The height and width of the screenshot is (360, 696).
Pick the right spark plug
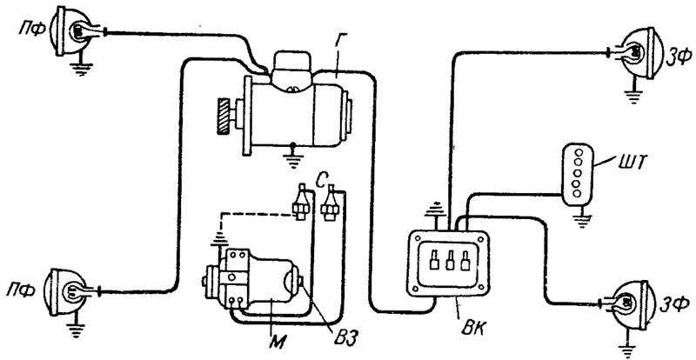pos(331,203)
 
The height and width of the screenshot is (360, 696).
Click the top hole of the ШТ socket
pos(579,152)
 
